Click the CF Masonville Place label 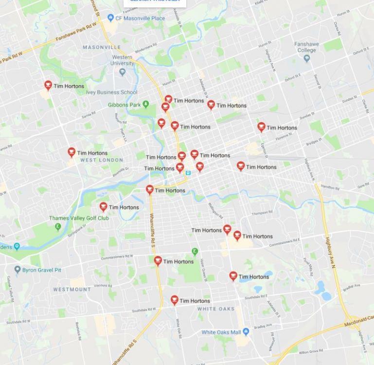pos(140,18)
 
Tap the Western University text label pos(122,60)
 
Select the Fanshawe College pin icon pos(306,58)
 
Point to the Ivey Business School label pos(111,92)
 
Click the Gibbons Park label pos(124,105)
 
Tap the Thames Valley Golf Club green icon pos(58,226)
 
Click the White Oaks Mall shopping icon pos(246,332)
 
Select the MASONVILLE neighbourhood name pos(102,48)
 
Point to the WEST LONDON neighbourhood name pos(102,160)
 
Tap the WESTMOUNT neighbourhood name pos(72,290)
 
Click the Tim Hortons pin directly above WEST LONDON pos(71,152)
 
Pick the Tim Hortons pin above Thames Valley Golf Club pos(104,207)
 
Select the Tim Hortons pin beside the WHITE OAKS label pos(175,300)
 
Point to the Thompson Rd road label pos(262,213)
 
